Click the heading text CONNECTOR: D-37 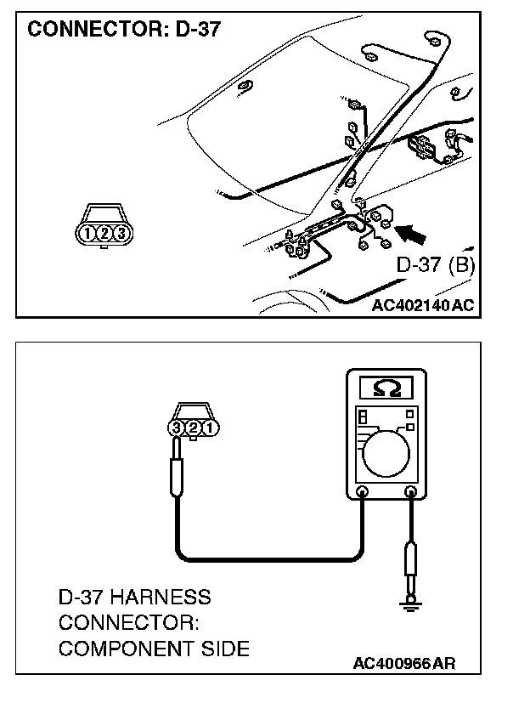click(124, 31)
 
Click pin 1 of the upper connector click(87, 233)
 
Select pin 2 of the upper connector click(104, 233)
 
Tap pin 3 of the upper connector click(121, 233)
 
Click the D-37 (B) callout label click(435, 264)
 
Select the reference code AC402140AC click(422, 304)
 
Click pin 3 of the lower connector click(177, 428)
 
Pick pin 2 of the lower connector click(193, 428)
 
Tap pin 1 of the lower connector click(209, 428)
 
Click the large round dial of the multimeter click(386, 457)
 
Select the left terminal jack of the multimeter click(363, 492)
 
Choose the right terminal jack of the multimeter click(412, 492)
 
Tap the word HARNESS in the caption click(166, 597)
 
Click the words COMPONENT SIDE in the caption click(154, 649)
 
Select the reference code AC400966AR click(404, 662)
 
